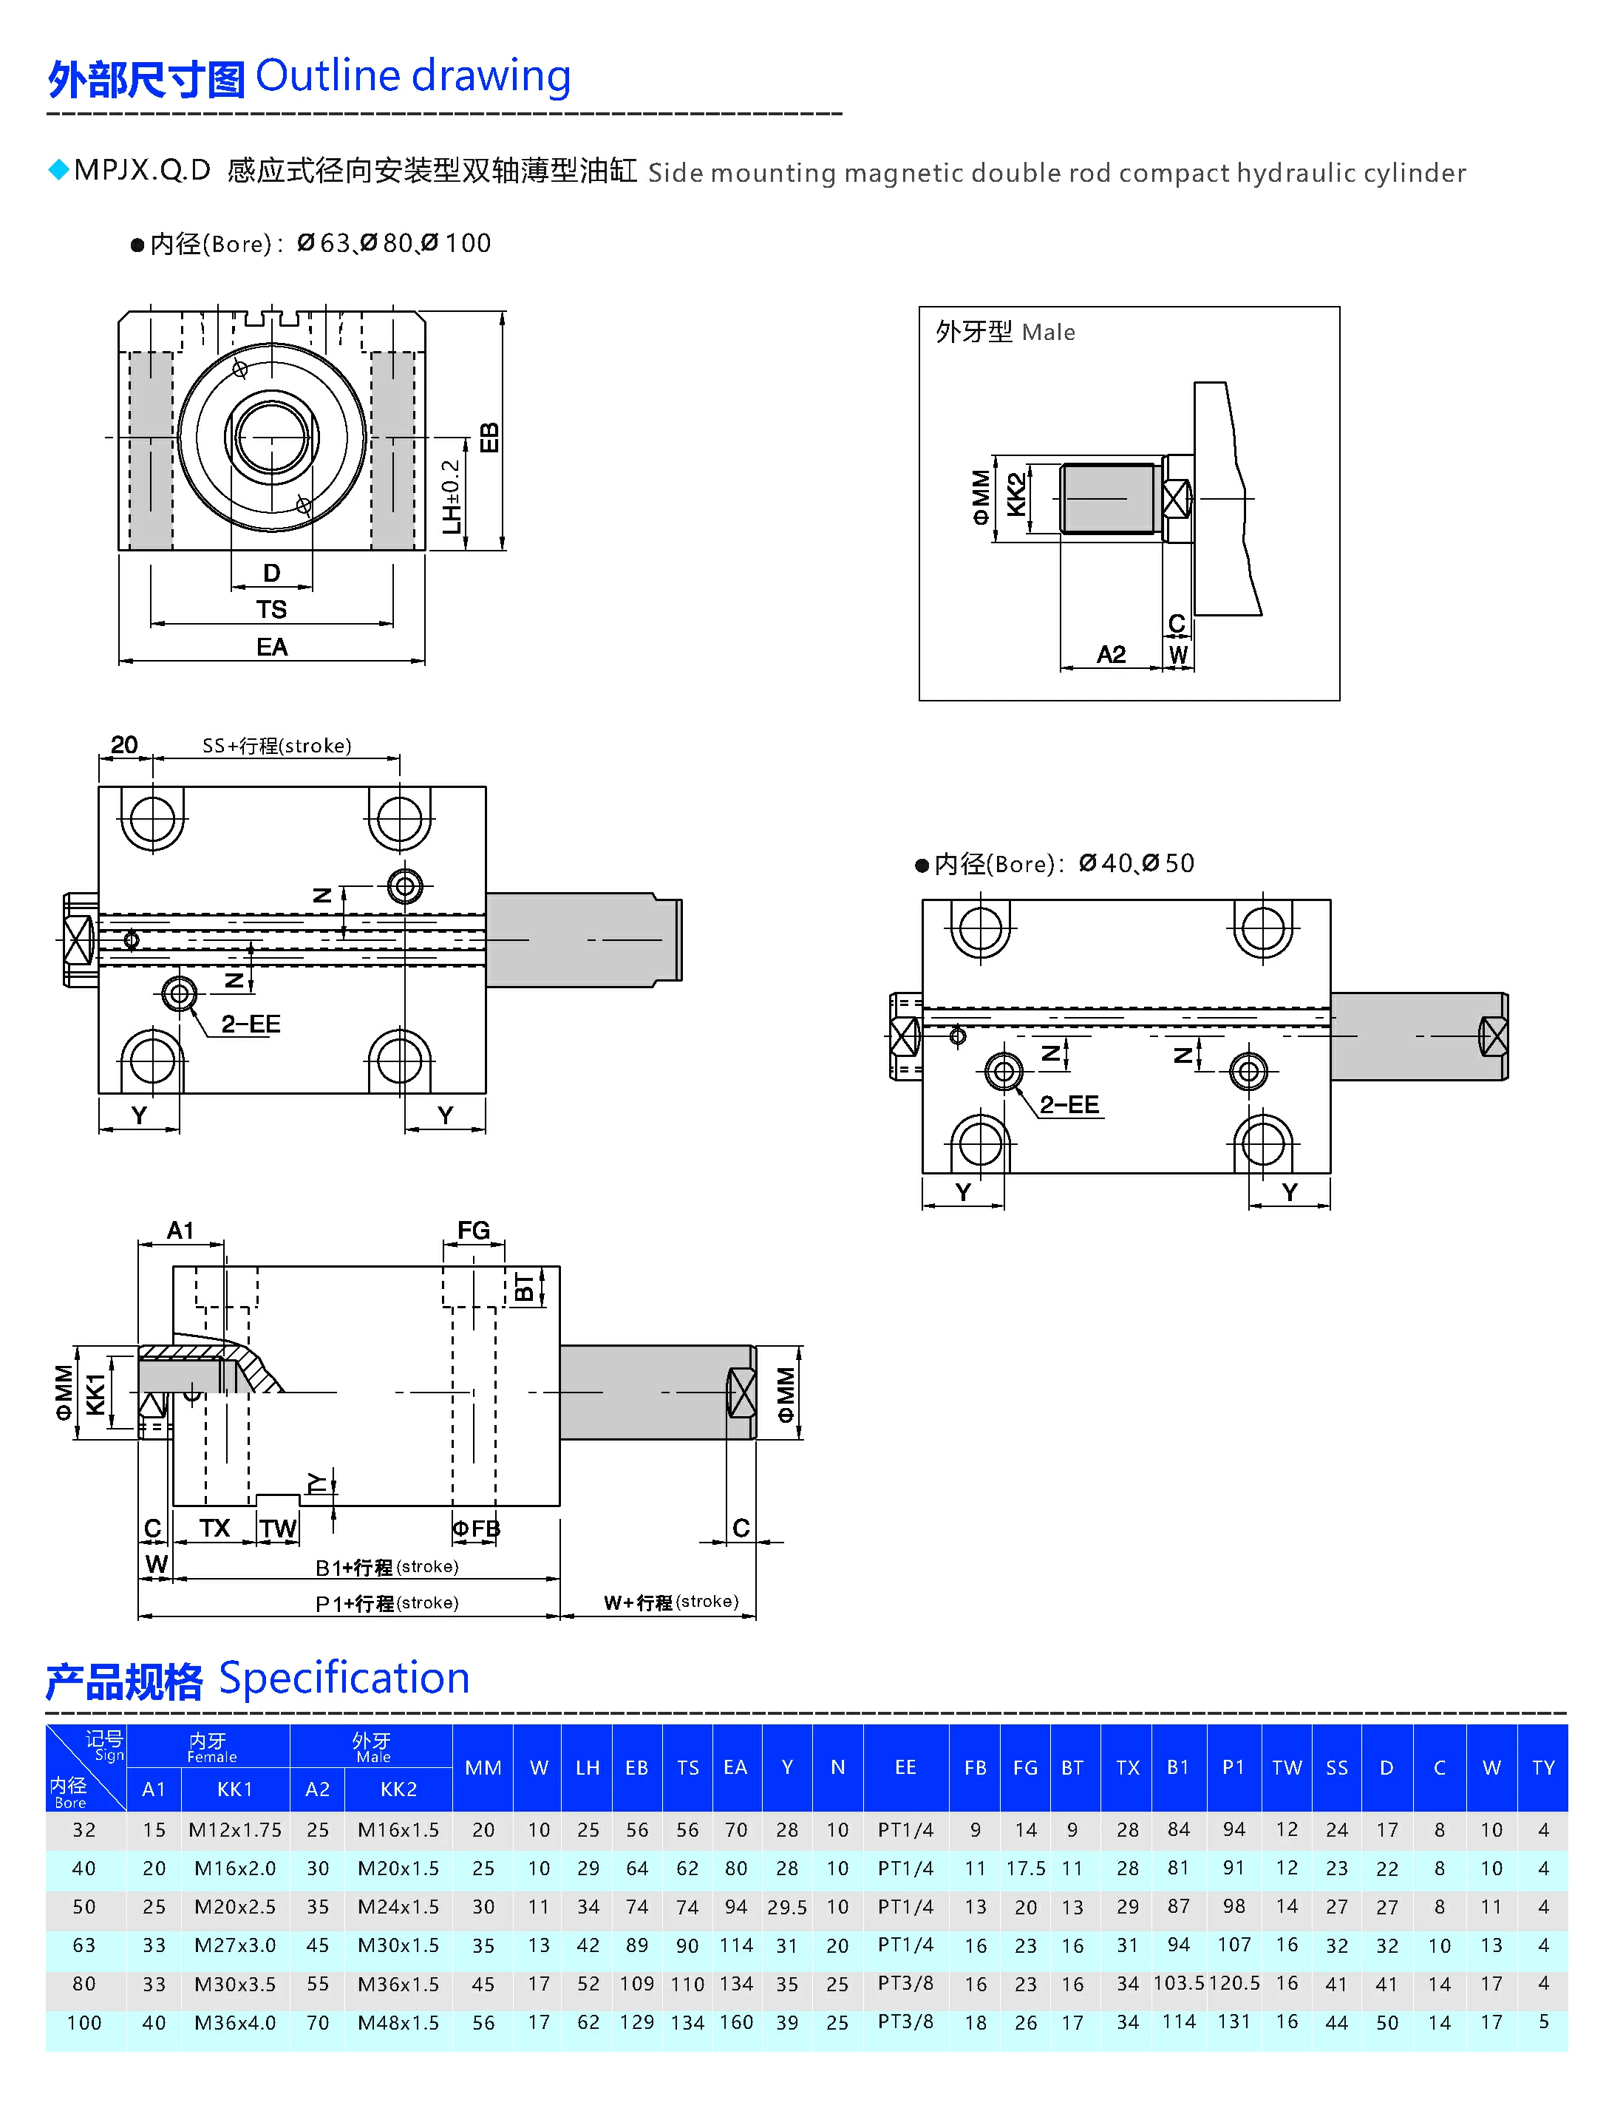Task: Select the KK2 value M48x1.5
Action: [x=398, y=2023]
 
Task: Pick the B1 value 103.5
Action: [x=1178, y=1984]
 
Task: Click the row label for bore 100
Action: [x=84, y=2023]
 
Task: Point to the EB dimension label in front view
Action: [x=489, y=438]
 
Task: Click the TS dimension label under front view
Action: [x=271, y=609]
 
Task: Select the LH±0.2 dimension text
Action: [x=451, y=496]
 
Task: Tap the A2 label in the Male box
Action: [x=1111, y=654]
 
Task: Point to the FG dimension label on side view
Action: [x=473, y=1231]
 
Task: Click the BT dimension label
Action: [x=524, y=1288]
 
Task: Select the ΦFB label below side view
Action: [x=477, y=1529]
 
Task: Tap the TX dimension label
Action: [x=214, y=1528]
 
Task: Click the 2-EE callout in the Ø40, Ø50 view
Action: [x=1069, y=1104]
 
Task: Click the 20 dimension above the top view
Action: [x=123, y=745]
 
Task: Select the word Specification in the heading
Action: [x=344, y=1679]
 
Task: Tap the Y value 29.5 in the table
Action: [x=786, y=1907]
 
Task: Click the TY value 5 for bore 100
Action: [x=1543, y=2022]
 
